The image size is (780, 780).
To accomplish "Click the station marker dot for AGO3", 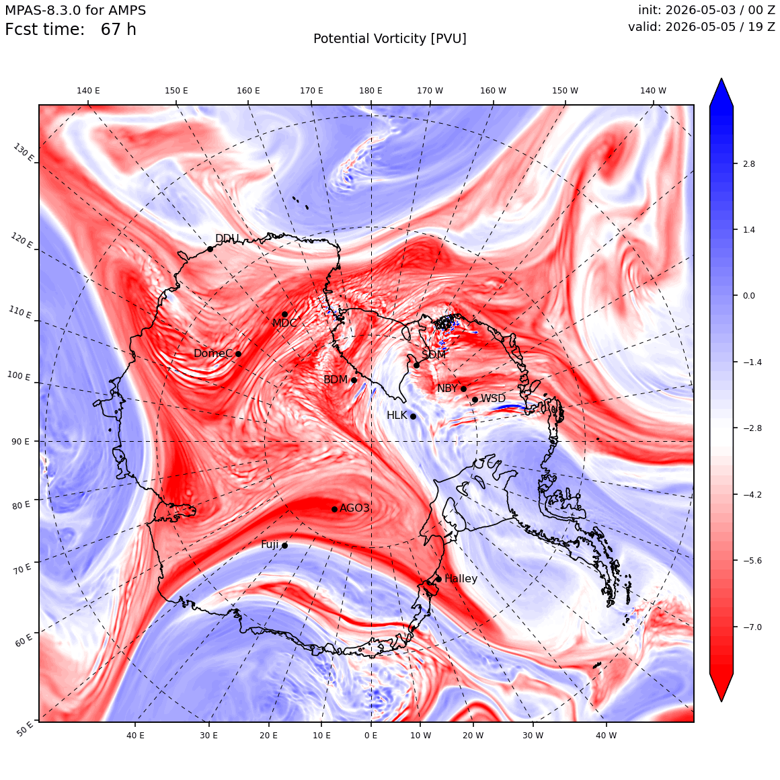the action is click(335, 509).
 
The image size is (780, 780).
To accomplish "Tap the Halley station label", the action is click(461, 578).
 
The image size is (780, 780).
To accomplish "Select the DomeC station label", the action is click(213, 353).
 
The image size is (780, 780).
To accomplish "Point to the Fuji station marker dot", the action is click(284, 545).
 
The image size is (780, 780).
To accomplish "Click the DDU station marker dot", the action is click(210, 249).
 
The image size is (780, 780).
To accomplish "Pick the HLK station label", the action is click(397, 415).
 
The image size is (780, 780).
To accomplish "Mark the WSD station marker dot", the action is click(475, 399).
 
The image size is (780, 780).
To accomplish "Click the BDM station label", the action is click(336, 379).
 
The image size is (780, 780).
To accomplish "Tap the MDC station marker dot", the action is click(284, 314).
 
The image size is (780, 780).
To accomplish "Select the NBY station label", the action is click(447, 388).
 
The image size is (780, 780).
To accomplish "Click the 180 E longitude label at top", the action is click(370, 91).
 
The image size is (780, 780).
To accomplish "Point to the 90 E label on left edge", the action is click(20, 441).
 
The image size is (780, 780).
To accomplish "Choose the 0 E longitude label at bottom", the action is click(370, 735).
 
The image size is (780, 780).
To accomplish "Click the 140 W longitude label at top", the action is click(653, 91).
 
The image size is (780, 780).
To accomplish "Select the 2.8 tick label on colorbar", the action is click(748, 163).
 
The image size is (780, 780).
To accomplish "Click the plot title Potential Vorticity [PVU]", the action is click(390, 39).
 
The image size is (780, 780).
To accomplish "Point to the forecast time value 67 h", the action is click(118, 30).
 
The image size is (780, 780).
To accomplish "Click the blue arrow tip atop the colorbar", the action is click(721, 79).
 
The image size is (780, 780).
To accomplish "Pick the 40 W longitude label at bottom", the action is click(606, 735).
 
